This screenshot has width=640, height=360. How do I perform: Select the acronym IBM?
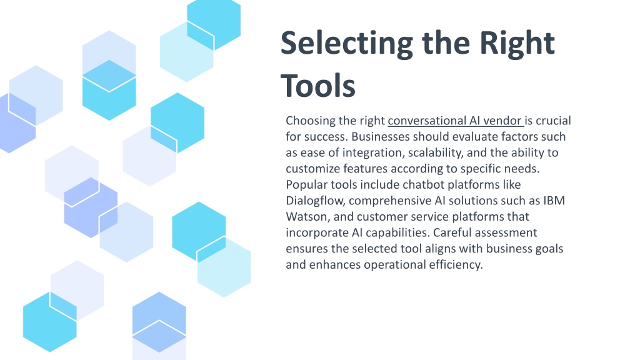(554, 201)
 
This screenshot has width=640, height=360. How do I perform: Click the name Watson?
(307, 217)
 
